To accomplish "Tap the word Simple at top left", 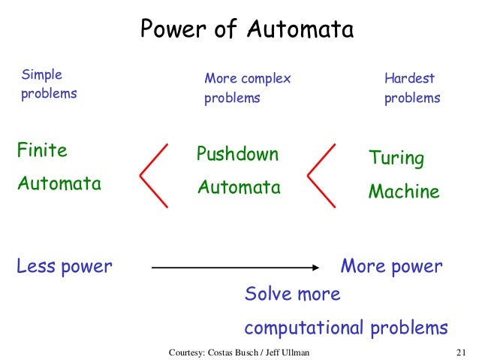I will click(43, 74).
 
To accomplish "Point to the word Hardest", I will click(409, 78).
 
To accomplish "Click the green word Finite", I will click(42, 150).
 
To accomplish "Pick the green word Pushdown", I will click(237, 155).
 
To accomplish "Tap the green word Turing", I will click(396, 159).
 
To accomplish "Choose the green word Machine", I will click(403, 192).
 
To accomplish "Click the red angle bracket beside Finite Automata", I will click(152, 174).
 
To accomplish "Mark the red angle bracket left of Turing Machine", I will click(321, 174).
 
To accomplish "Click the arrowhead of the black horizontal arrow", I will click(315, 267).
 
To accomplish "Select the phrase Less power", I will click(65, 266).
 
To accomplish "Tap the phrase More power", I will click(391, 266).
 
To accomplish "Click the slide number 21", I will click(461, 352).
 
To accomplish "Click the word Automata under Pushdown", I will click(239, 187).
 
